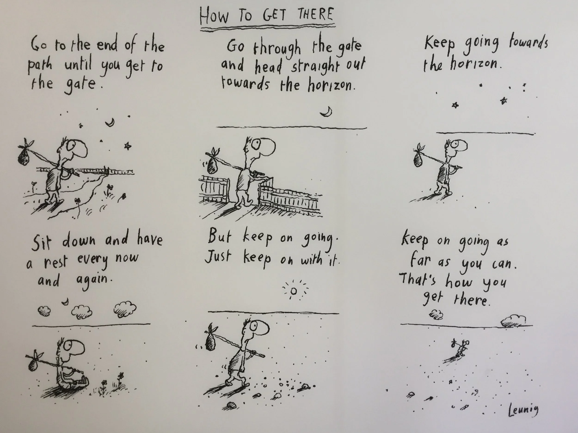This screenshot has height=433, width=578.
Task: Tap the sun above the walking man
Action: (x=294, y=291)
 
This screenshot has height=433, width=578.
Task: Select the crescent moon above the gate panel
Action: (x=326, y=112)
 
